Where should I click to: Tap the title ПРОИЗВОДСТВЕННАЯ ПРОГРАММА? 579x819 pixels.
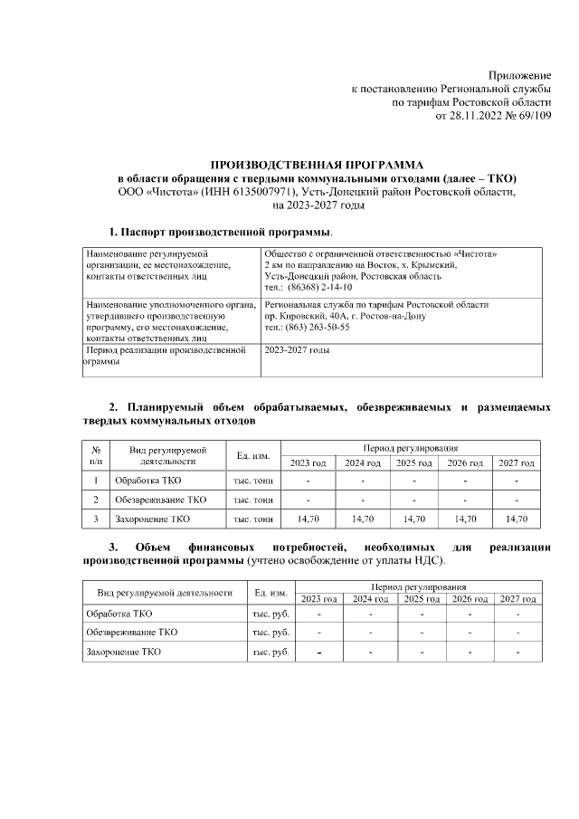(317, 166)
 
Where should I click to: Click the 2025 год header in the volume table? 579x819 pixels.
(413, 463)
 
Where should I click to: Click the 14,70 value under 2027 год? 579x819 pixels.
(517, 519)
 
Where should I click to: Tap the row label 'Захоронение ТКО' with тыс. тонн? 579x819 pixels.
(152, 519)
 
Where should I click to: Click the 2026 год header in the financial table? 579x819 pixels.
(470, 599)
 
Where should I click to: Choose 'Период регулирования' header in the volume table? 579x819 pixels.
(411, 448)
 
